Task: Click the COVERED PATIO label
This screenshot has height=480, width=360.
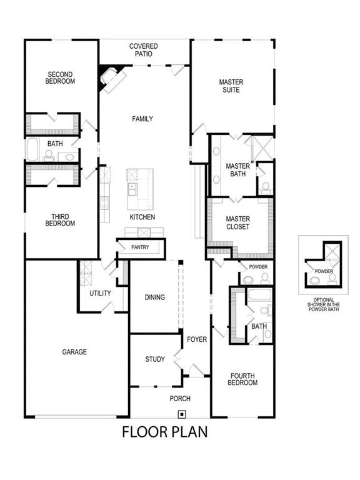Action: (143, 50)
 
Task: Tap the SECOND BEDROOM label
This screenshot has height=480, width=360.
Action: (61, 78)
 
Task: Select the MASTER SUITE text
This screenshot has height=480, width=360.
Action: (231, 86)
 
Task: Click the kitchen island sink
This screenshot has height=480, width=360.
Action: (132, 186)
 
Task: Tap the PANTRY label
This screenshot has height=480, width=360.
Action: (140, 247)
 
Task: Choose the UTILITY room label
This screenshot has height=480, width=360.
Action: (100, 293)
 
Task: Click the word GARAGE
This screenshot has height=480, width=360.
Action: (74, 352)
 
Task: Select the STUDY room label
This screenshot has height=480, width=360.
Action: (155, 359)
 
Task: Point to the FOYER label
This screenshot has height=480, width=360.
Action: (197, 339)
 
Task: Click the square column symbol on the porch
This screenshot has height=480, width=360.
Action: (181, 412)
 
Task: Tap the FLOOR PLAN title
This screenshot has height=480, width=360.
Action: (164, 432)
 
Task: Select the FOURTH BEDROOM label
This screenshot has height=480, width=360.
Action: (242, 379)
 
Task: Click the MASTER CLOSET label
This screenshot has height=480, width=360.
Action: (237, 223)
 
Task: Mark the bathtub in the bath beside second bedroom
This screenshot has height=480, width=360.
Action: (32, 150)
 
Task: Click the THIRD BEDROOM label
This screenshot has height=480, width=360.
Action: (61, 220)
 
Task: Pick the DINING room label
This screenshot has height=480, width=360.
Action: (154, 297)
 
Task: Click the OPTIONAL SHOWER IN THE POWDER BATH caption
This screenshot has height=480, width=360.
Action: (324, 304)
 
